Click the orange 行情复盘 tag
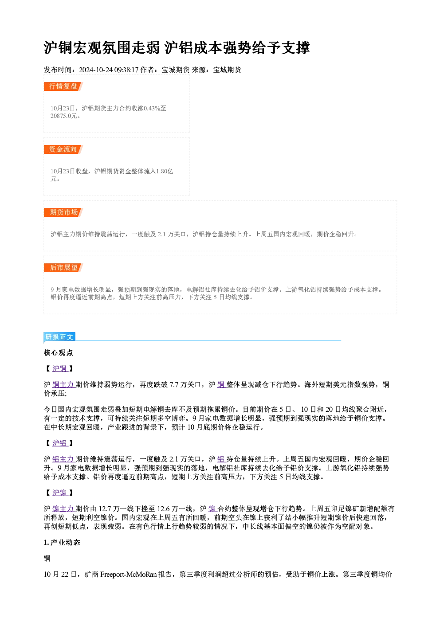(x=63, y=86)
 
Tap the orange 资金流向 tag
(x=63, y=149)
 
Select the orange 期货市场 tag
(x=63, y=212)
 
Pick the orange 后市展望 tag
(x=63, y=268)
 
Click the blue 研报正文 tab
(x=59, y=337)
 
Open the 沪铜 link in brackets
(x=60, y=368)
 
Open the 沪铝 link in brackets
(x=60, y=443)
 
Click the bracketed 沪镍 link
(x=60, y=493)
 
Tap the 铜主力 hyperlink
(x=63, y=384)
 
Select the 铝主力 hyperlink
(x=63, y=459)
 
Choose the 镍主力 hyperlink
(x=63, y=509)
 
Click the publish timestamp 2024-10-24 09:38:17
(x=109, y=70)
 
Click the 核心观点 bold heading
(x=59, y=353)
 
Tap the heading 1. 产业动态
(x=62, y=543)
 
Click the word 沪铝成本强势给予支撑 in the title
(x=237, y=48)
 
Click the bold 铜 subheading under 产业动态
(x=47, y=559)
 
